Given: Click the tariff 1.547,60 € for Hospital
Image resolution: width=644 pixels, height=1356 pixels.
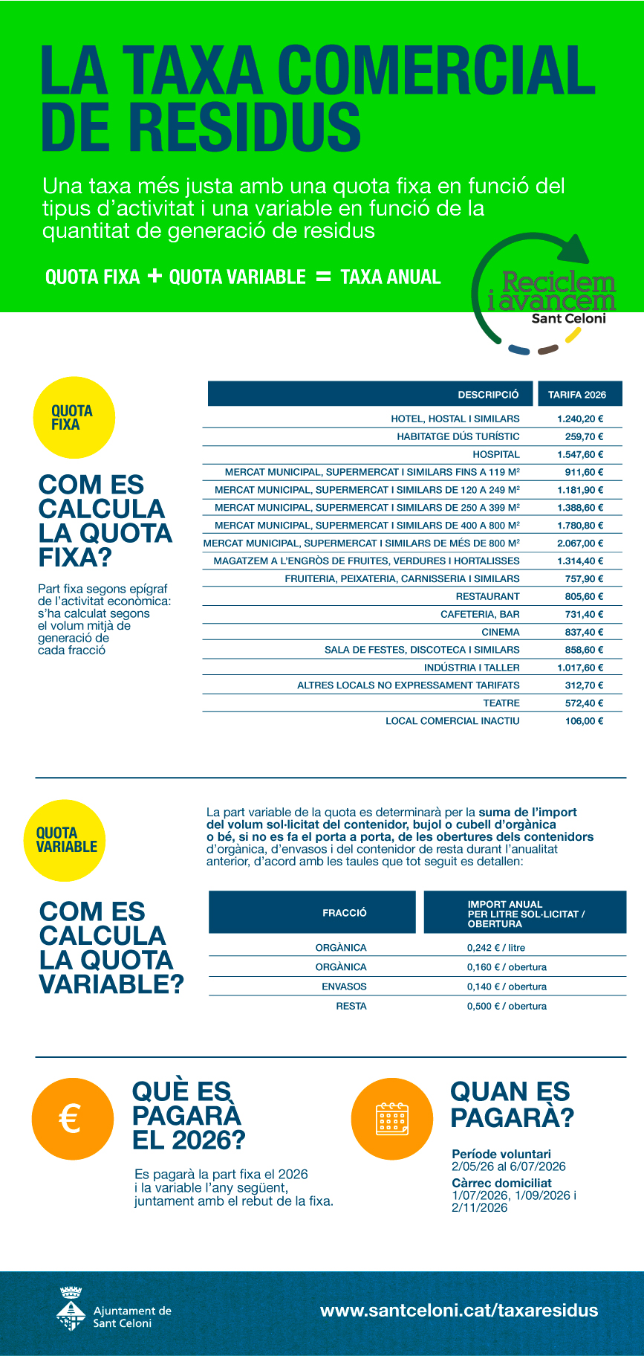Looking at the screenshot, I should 580,454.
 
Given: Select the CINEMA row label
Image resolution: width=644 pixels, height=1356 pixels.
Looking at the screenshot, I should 501,632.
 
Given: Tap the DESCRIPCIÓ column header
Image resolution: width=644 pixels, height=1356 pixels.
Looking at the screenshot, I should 488,395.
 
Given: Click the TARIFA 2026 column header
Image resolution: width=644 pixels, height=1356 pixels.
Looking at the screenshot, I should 577,395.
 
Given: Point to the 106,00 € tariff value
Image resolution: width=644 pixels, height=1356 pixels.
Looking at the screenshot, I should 584,720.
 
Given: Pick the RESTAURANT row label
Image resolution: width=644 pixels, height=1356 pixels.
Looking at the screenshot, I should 488,596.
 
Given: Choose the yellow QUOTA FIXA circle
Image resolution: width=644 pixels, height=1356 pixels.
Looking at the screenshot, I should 74,418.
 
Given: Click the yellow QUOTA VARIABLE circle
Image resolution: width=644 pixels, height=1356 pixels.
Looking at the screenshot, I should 65,840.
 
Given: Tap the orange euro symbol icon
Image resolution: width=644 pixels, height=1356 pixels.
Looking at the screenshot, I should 72,1118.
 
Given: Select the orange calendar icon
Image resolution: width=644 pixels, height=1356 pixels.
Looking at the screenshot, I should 391,1119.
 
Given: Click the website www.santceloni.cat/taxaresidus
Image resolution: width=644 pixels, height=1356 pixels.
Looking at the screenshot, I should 458,1310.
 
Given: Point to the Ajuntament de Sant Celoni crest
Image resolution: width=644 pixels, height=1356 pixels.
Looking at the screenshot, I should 71,1309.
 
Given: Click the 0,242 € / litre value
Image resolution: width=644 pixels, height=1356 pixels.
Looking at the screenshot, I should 495,948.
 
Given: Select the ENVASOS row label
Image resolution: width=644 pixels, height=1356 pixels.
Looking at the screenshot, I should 344,987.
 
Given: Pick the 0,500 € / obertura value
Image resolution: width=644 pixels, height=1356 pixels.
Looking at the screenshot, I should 507,1006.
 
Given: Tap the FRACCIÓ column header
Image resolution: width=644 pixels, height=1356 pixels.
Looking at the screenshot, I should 344,913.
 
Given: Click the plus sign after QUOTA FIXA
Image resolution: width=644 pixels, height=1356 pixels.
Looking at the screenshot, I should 155,277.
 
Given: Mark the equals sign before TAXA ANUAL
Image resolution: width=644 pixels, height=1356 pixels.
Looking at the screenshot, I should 323,277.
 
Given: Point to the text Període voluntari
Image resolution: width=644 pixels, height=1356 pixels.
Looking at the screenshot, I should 501,1154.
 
